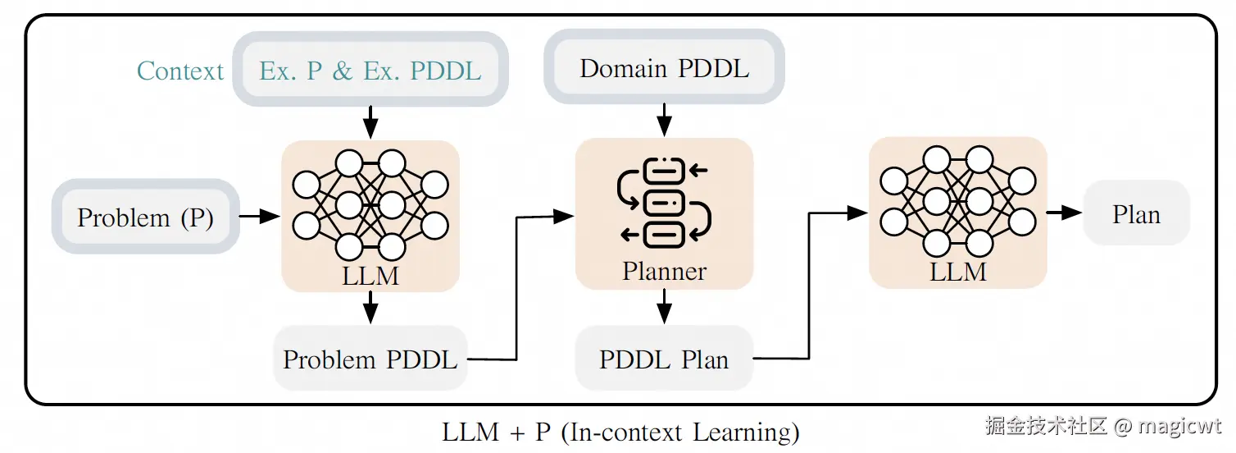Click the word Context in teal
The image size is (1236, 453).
179,71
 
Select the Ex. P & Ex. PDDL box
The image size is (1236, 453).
370,71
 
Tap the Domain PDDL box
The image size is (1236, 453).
664,68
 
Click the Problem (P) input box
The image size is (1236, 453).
145,217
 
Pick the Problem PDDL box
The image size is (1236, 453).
370,359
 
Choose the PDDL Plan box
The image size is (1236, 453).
664,359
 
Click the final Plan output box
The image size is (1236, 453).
1136,214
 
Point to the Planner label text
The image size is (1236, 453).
664,271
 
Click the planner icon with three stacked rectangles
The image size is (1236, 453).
664,202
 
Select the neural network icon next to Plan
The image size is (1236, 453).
957,200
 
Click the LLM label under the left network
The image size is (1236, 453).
370,276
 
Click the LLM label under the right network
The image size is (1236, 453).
957,272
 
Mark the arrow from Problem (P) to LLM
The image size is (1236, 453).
260,217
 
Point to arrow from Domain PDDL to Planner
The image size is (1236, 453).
664,121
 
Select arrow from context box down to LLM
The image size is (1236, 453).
370,122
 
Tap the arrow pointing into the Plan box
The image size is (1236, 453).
1064,213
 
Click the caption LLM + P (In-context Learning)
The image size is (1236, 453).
620,432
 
